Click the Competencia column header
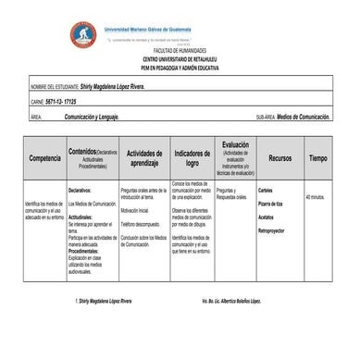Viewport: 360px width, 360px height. click(x=44, y=158)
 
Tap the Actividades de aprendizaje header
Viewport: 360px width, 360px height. click(x=144, y=158)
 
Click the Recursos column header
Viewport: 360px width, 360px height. click(x=279, y=158)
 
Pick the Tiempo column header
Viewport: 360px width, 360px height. click(x=317, y=158)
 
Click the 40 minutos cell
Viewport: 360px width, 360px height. click(x=315, y=197)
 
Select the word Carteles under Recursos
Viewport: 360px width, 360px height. click(x=267, y=192)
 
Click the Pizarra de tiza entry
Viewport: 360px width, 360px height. click(x=271, y=204)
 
